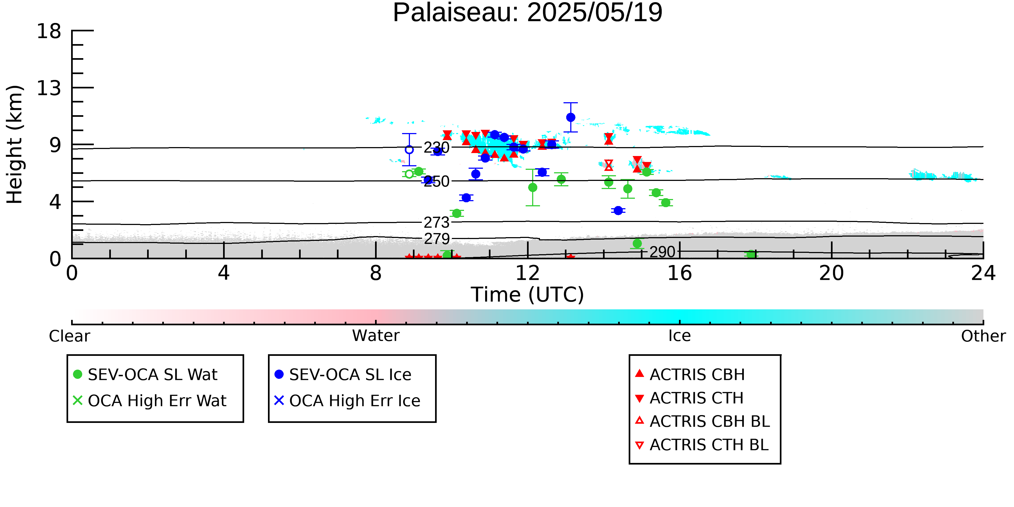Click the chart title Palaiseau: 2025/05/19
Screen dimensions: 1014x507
[528, 13]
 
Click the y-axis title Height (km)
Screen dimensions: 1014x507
[15, 144]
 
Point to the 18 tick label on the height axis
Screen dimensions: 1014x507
[49, 31]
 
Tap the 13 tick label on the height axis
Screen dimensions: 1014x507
[49, 88]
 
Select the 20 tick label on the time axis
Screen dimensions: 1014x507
[831, 273]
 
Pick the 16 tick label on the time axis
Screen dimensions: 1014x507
[680, 273]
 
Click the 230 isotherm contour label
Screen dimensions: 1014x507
[436, 148]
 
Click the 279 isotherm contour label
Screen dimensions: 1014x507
[436, 238]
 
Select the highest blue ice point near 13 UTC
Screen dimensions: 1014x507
[570, 117]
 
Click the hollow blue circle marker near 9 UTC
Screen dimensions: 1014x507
[409, 150]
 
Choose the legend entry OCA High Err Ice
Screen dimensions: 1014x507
[347, 401]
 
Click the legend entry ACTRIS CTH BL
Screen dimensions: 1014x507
[702, 445]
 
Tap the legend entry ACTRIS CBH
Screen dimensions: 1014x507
[690, 374]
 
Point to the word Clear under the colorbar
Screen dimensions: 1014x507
[69, 336]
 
